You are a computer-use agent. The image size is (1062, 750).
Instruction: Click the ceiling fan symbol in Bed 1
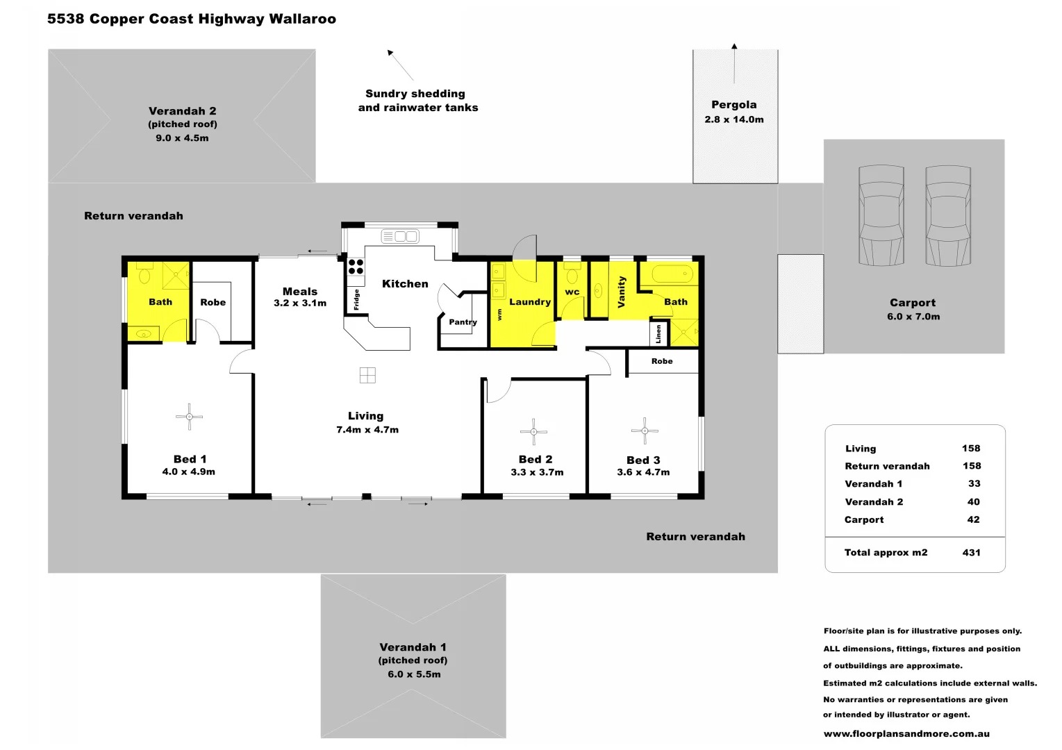coord(189,417)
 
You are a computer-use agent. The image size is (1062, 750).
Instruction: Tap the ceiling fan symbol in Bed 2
coord(533,432)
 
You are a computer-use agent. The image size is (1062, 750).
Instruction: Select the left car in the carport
coord(881,215)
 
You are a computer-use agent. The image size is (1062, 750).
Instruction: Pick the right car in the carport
coord(948,215)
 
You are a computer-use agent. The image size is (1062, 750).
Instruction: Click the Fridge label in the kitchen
coord(356,299)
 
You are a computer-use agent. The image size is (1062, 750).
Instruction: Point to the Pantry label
coord(463,322)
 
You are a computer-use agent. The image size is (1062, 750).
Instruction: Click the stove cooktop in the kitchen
coord(356,267)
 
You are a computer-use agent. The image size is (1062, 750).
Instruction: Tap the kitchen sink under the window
coord(400,237)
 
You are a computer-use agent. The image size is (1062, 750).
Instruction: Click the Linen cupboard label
coord(658,334)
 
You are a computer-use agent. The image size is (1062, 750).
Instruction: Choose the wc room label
coord(572,292)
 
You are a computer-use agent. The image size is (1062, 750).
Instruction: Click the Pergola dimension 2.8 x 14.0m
coord(733,119)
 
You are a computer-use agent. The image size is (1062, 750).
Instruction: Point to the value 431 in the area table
coord(971,553)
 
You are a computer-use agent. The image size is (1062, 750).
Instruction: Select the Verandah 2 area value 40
coord(973,502)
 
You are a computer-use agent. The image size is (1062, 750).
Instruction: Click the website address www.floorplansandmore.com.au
coord(906,733)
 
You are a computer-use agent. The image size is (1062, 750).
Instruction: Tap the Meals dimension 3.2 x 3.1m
coord(300,303)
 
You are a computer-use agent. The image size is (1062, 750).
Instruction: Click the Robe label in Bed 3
coord(662,361)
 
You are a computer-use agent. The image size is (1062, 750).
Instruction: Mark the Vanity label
coord(621,292)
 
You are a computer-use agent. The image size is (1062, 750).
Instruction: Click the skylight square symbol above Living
coord(367,375)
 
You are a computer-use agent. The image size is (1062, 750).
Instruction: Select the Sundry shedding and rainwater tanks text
coord(417,101)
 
